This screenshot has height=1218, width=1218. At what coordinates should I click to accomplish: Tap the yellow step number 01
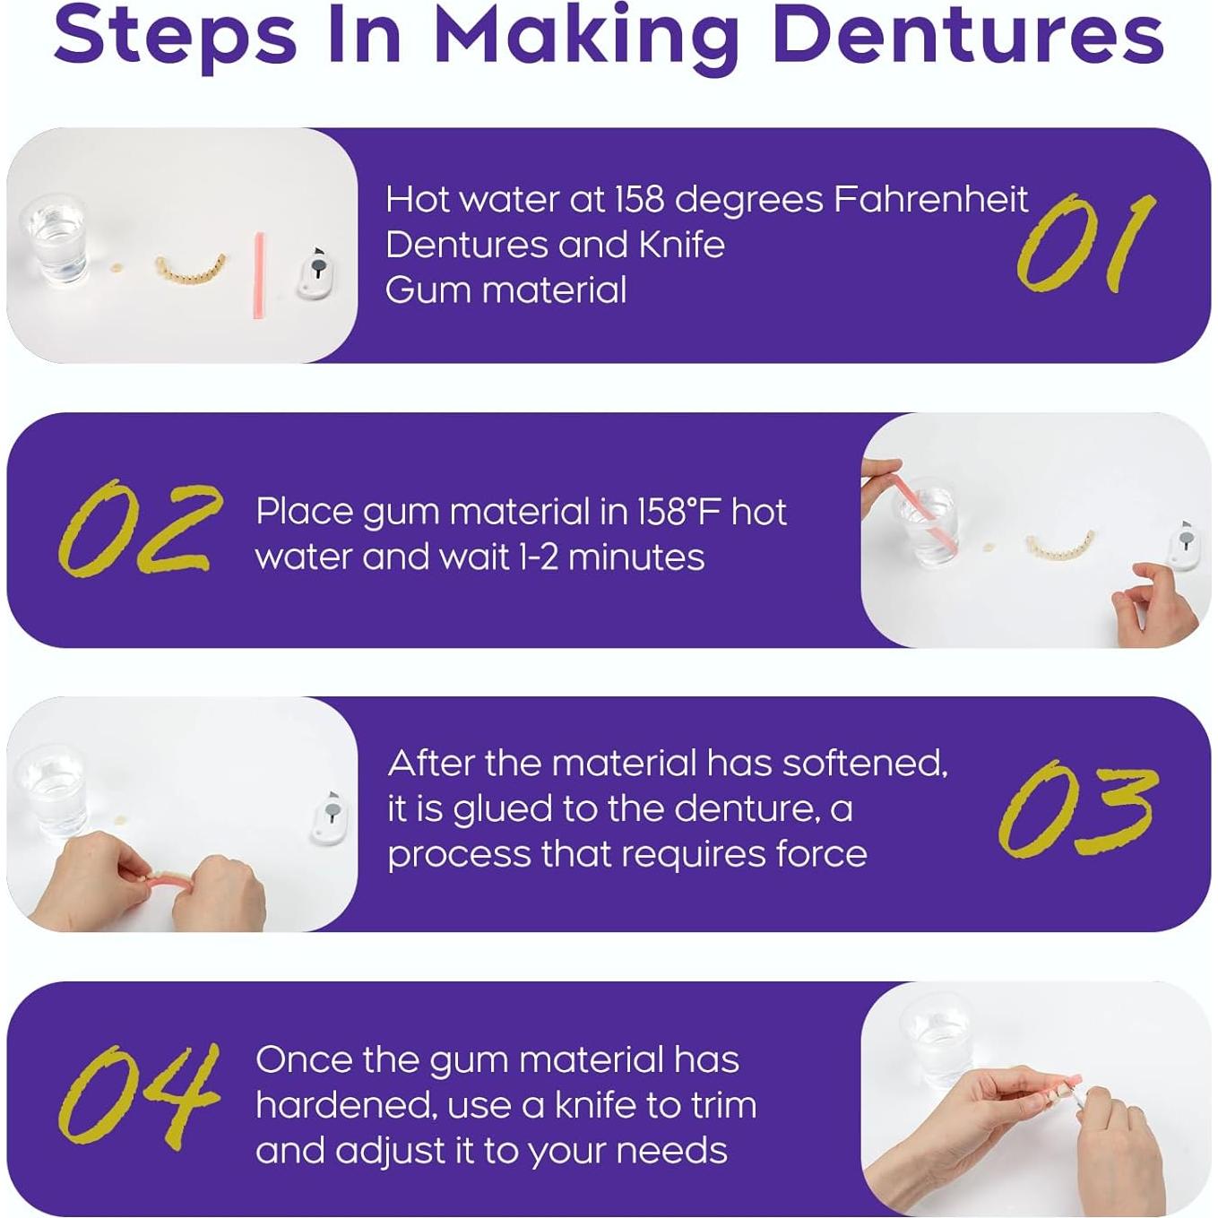pos(1084,244)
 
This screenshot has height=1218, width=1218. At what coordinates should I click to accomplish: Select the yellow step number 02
pos(139,529)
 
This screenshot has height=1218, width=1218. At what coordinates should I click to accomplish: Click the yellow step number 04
pos(139,1095)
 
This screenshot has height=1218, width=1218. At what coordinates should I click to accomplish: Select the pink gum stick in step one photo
pos(259,275)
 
